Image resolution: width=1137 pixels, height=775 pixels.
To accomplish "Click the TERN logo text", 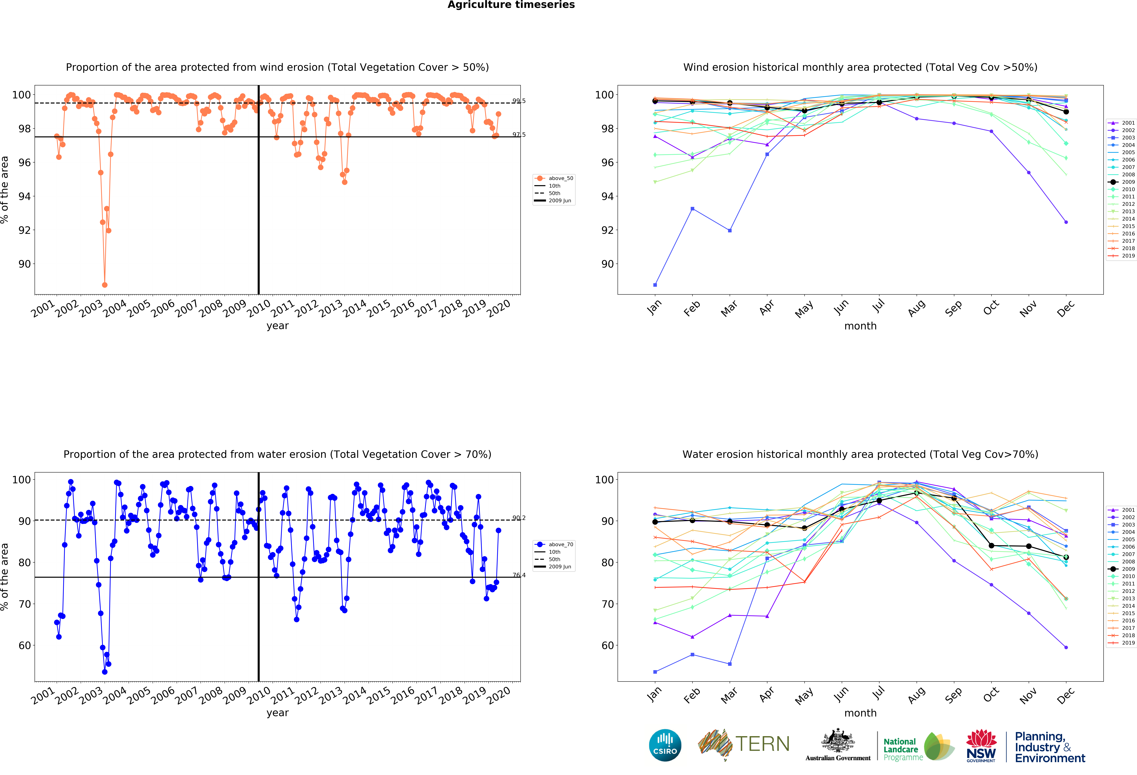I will point(762,744).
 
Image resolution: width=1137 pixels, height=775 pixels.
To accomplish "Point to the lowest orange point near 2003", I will point(105,285).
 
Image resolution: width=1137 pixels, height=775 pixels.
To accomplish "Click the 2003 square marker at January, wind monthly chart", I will point(655,285).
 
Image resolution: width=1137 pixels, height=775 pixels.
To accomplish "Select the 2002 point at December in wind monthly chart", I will point(1066,222).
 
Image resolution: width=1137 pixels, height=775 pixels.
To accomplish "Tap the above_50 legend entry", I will point(554,178).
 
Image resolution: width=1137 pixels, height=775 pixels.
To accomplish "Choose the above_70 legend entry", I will point(554,544).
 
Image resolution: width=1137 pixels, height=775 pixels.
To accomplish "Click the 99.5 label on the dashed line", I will point(519,101).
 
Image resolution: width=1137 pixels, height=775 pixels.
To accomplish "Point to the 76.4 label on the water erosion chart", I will point(519,575).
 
